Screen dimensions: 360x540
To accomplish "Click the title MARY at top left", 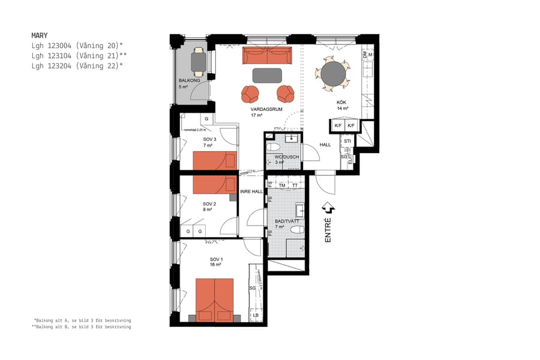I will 39,35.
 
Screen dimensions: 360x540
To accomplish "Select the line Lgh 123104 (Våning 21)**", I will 79,55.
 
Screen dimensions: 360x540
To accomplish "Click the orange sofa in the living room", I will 267,56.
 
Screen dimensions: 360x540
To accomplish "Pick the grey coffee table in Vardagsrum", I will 267,75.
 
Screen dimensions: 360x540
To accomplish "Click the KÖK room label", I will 341,103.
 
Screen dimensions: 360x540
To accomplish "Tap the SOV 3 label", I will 209,139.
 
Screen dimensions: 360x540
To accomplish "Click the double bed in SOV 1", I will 214,299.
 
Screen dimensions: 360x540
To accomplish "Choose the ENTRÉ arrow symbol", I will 328,208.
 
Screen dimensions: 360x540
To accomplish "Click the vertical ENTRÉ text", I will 328,230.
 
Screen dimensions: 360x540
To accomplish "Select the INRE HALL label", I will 251,191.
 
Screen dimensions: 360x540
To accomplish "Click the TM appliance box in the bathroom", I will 283,185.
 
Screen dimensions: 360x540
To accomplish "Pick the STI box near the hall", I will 347,142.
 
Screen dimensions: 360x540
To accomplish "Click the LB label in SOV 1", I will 255,315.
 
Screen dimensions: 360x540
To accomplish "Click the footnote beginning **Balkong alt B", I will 82,327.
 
